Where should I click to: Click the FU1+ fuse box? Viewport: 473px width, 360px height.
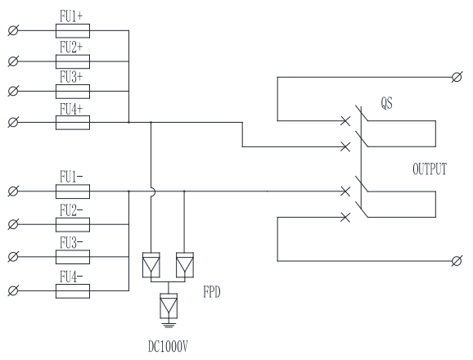[73, 31]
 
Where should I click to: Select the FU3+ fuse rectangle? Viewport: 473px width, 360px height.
[73, 92]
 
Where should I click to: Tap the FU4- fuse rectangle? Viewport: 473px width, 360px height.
[73, 291]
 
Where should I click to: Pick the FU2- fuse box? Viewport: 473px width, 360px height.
[73, 225]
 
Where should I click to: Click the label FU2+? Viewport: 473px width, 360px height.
[71, 47]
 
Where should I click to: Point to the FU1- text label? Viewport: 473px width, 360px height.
[71, 177]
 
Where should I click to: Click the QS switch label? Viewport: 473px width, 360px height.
[387, 103]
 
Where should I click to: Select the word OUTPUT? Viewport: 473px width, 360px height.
[430, 169]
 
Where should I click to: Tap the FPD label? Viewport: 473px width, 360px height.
[212, 292]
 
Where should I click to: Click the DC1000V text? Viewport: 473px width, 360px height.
[168, 346]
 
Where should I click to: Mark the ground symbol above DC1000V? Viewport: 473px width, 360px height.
[169, 325]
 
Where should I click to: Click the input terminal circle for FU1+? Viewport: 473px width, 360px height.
[13, 31]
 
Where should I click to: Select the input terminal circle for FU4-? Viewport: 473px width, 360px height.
[13, 291]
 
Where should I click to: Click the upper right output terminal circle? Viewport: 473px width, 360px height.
[457, 77]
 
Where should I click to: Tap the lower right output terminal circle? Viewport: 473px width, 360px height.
[457, 261]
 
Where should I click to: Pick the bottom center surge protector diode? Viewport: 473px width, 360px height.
[169, 306]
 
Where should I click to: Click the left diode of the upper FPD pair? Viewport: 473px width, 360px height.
[151, 265]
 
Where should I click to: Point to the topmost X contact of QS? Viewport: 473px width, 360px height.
[345, 121]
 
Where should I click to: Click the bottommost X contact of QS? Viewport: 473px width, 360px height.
[345, 217]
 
